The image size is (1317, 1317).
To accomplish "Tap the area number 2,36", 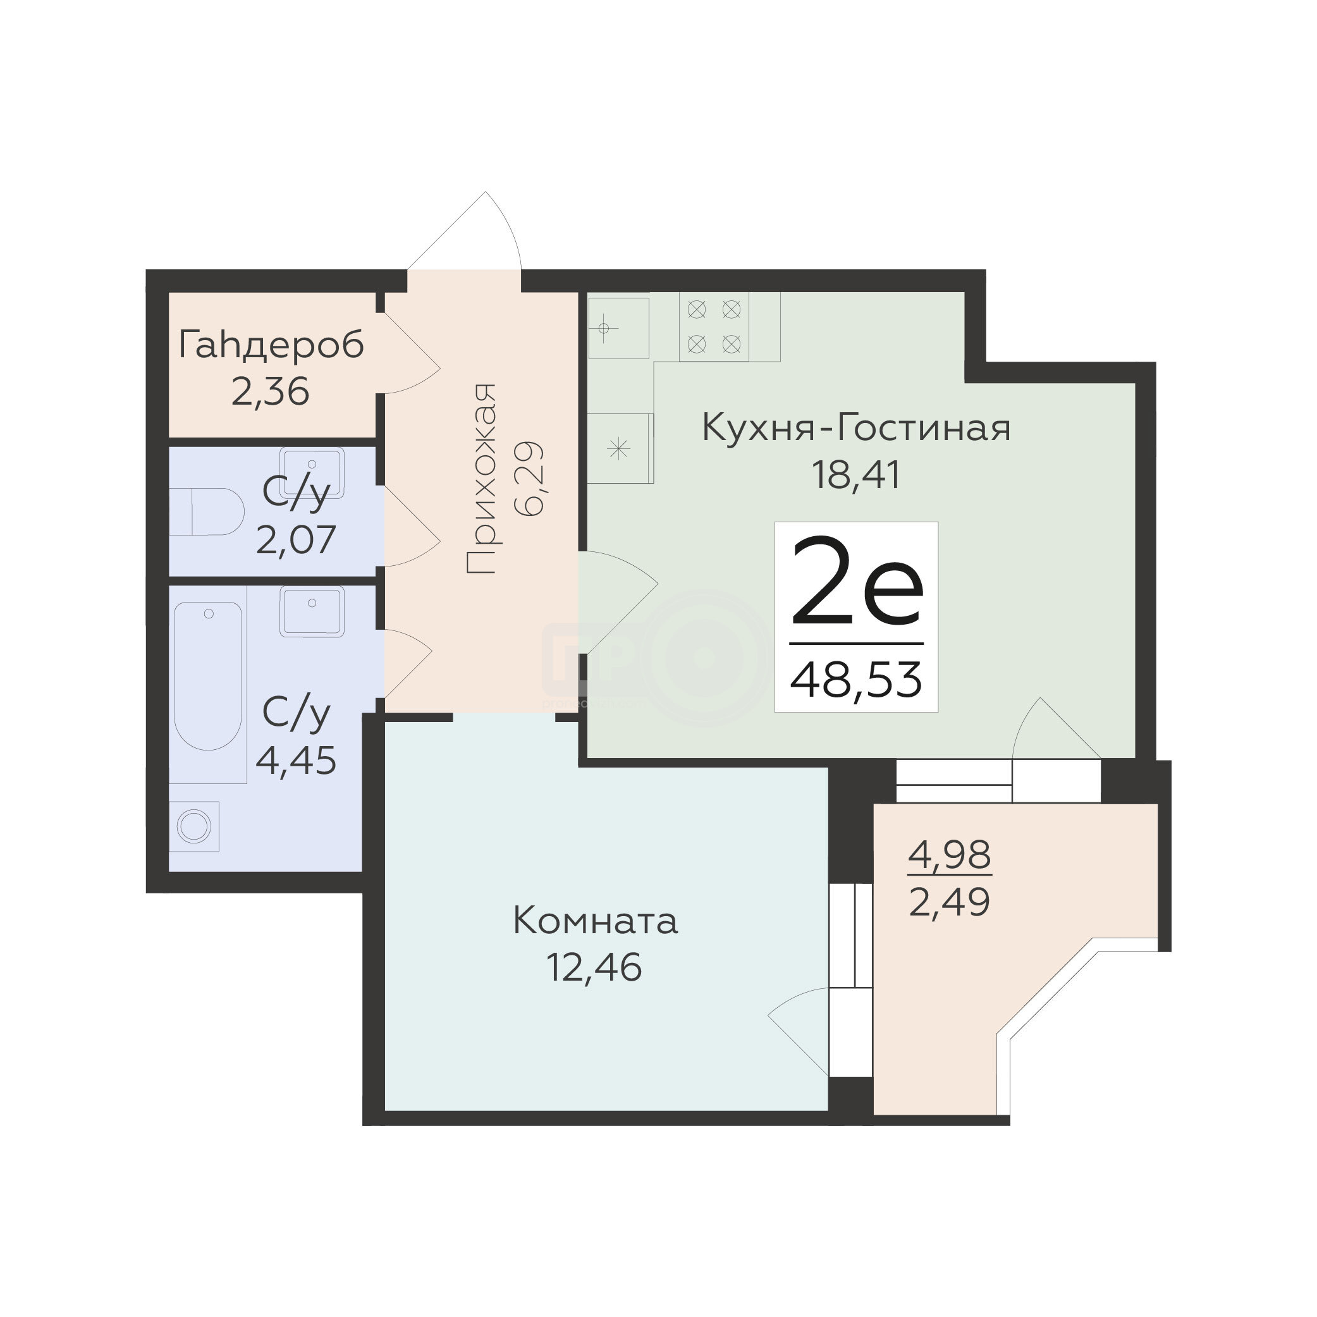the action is (x=271, y=392).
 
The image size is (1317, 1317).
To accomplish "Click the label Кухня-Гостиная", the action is (x=856, y=429).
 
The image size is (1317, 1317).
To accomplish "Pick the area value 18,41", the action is (x=856, y=475).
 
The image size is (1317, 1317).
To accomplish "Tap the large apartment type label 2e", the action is (x=857, y=581).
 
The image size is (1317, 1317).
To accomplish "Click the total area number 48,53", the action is (x=857, y=680).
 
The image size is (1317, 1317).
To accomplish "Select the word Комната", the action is (x=595, y=922).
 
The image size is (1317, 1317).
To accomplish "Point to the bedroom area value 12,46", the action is (x=594, y=967).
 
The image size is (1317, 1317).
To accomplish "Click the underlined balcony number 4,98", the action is (x=950, y=855).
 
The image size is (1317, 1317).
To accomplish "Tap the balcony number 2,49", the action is (x=950, y=904).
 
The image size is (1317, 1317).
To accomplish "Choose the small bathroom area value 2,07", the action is (x=296, y=539).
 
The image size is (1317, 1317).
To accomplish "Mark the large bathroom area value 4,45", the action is (x=296, y=761).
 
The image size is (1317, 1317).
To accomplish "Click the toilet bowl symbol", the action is (x=207, y=511).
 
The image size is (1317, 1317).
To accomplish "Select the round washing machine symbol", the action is (x=194, y=827).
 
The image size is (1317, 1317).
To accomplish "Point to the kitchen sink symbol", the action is (x=618, y=329).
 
